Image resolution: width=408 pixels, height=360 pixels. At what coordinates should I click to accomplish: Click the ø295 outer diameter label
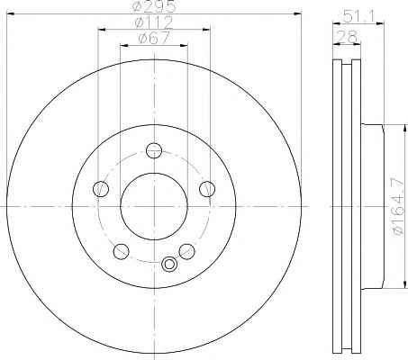155,6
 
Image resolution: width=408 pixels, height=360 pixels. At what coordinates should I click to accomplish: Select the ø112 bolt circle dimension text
154,22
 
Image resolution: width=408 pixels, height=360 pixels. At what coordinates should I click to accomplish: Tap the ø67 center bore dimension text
154,39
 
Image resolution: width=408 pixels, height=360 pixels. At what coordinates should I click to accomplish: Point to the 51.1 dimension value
358,16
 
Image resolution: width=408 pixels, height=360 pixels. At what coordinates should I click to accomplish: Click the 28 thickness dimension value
347,37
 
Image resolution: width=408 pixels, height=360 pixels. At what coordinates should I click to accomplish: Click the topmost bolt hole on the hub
154,150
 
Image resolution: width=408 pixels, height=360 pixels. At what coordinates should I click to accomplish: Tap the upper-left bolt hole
101,189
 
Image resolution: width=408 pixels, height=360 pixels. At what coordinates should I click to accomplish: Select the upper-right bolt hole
207,189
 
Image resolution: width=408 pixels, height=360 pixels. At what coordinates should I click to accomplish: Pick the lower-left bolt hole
121,251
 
